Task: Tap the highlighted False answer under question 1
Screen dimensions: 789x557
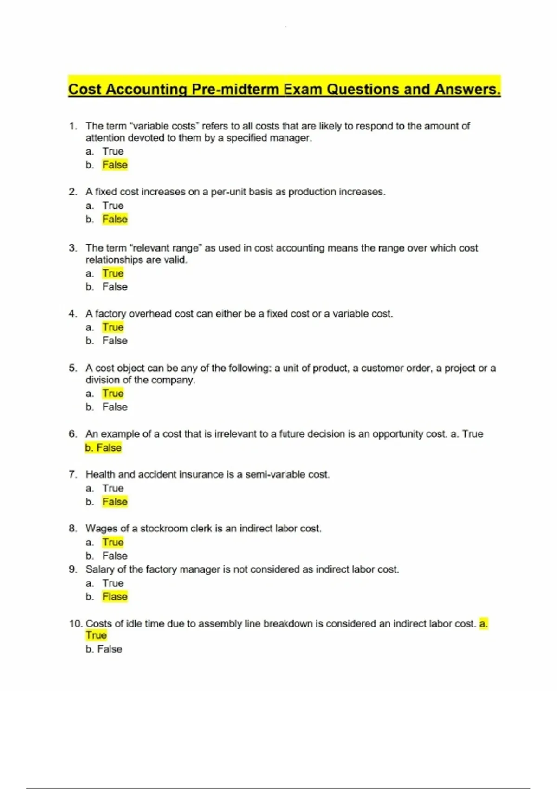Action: tap(115, 165)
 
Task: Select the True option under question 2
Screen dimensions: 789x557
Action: tap(113, 206)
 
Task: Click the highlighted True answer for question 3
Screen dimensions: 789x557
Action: tap(113, 273)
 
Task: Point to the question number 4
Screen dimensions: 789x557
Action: tap(72, 314)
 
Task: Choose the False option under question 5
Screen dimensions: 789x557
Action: tap(115, 407)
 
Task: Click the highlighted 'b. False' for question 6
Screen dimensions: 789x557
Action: tap(103, 448)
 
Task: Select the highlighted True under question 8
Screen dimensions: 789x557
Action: tap(113, 542)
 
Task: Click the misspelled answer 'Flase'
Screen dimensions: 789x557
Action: tap(115, 596)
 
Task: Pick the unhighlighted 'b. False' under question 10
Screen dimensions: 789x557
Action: tap(104, 649)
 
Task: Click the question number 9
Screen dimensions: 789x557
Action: tap(72, 569)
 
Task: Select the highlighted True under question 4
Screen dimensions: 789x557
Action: tap(113, 327)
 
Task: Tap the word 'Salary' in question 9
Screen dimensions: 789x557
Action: tap(100, 569)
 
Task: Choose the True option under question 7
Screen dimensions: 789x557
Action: tap(113, 488)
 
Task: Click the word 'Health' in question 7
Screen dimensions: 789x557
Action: tap(100, 474)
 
